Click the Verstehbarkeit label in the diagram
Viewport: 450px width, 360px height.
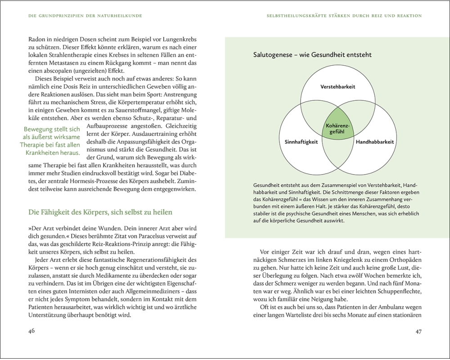[x=338, y=86]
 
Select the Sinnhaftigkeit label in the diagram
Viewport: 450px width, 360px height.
[x=301, y=142]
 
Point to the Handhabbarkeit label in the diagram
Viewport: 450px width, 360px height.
[x=375, y=142]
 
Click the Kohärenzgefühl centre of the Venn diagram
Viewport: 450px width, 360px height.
[x=338, y=128]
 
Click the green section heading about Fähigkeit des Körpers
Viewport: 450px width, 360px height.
[x=100, y=212]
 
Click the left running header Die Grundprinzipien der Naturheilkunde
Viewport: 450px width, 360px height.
[x=85, y=16]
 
